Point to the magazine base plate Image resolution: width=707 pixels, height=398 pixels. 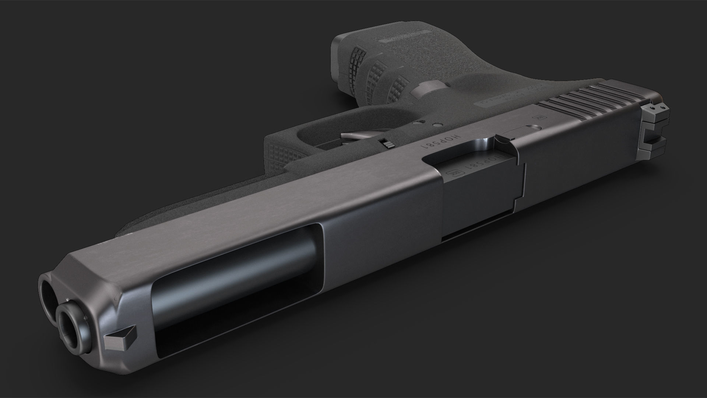(x=340, y=59)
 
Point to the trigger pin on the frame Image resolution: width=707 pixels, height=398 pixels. (x=437, y=125)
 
